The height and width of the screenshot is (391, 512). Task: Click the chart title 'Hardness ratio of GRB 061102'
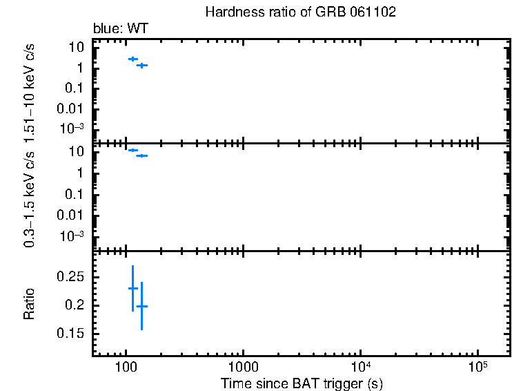click(x=300, y=13)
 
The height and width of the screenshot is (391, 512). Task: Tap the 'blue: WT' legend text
click(x=121, y=28)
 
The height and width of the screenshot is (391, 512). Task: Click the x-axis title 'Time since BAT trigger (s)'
click(x=302, y=383)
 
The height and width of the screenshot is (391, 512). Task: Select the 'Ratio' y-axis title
click(x=30, y=304)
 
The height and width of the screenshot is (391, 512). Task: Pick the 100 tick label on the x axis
click(x=126, y=367)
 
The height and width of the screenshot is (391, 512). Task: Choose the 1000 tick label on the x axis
click(x=242, y=367)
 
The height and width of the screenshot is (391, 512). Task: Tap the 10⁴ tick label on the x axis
click(x=361, y=366)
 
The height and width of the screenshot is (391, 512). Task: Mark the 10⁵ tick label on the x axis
click(x=477, y=366)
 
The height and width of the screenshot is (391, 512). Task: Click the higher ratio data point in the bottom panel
click(x=132, y=288)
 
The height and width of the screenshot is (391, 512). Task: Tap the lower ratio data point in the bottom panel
click(x=141, y=306)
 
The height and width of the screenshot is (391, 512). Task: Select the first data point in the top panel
click(x=132, y=59)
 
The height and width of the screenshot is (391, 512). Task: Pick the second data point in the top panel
click(x=141, y=66)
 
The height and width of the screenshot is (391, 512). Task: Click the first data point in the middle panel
click(x=132, y=150)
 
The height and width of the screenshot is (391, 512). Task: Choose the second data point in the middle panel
click(x=141, y=155)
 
